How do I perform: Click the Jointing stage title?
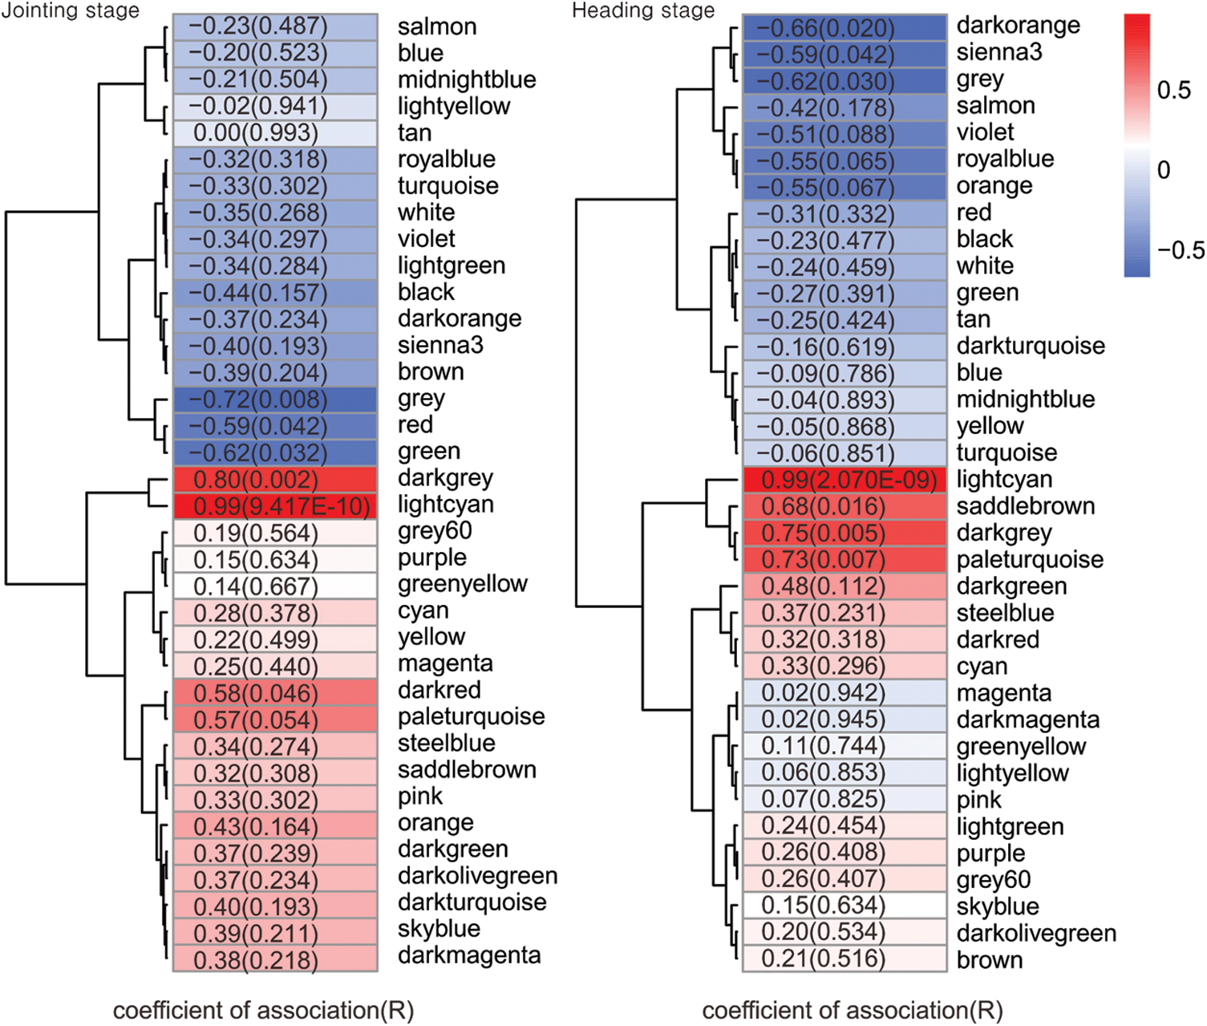[70, 11]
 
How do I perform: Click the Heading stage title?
[642, 11]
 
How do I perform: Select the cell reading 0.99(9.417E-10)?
[275, 506]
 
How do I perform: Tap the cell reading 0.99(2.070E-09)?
[845, 481]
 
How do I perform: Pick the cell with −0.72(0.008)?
[275, 399]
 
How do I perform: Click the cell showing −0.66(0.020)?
[845, 28]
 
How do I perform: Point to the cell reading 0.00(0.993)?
[275, 132]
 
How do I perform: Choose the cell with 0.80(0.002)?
[275, 480]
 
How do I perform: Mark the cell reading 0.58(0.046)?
[275, 693]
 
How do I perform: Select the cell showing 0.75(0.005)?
[845, 533]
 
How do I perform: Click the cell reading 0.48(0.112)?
[845, 586]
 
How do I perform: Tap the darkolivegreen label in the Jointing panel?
[477, 876]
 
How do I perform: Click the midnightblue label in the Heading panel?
[1025, 399]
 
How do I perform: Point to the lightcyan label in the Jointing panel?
[445, 505]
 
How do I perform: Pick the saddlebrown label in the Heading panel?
[1025, 506]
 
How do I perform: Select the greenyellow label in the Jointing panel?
[462, 584]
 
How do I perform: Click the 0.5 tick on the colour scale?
[1173, 90]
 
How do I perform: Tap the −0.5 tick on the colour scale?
[1180, 250]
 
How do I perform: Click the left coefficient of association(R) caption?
[263, 1010]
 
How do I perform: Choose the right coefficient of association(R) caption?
[852, 1010]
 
